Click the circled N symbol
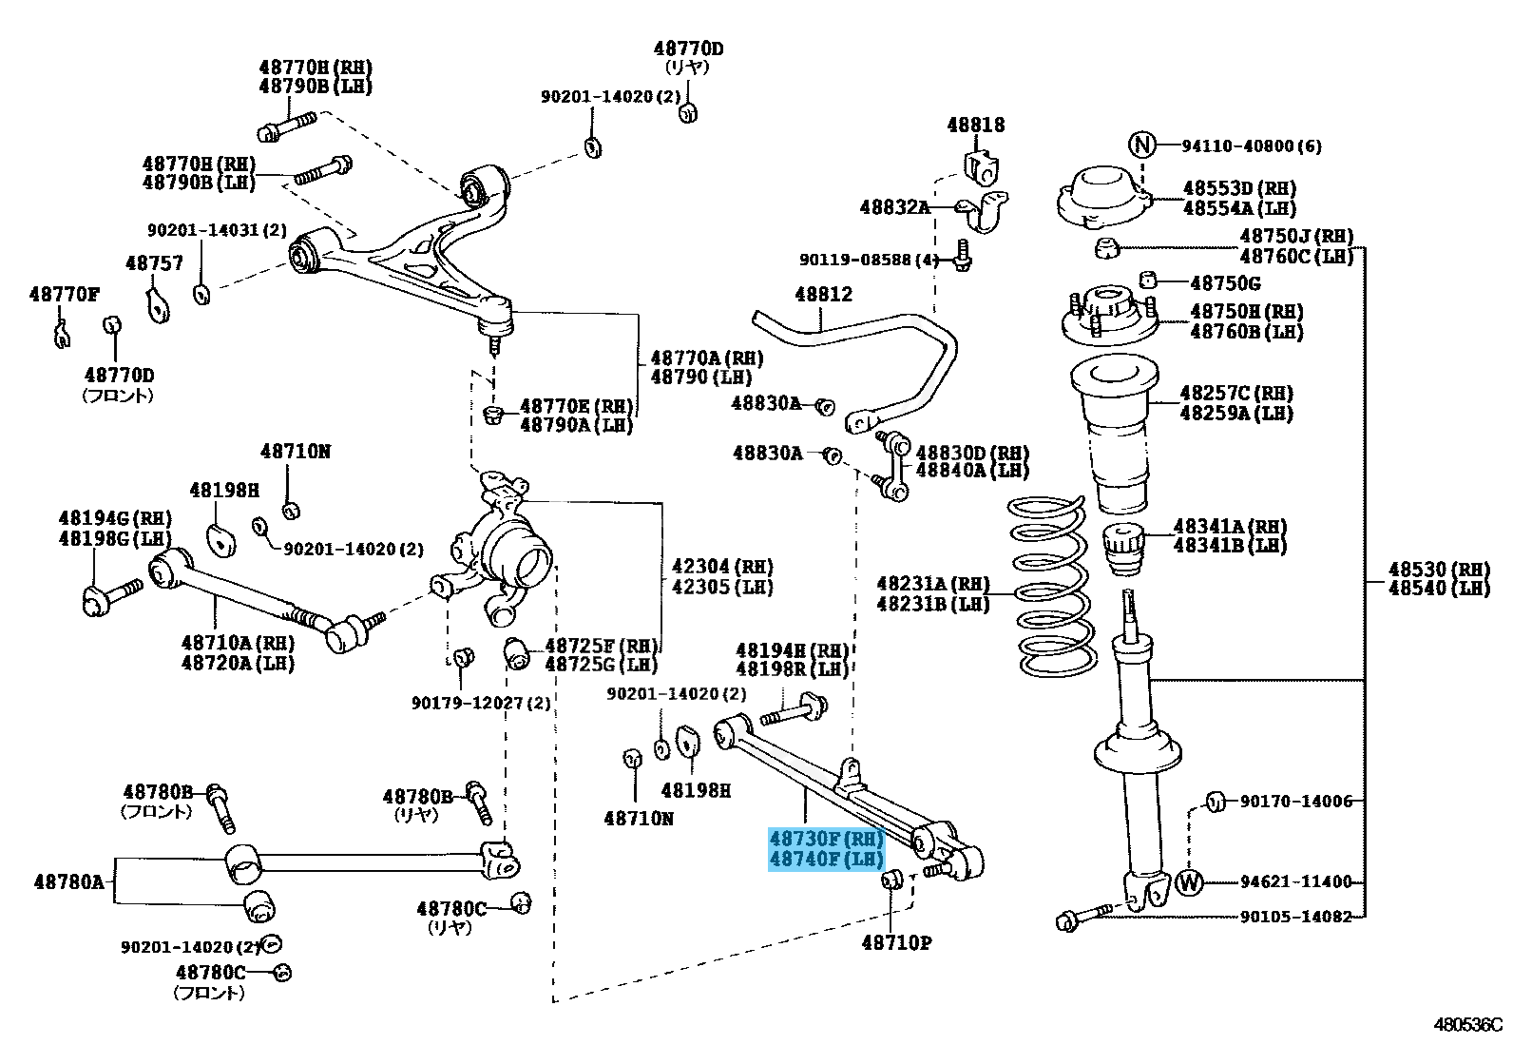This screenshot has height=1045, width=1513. (x=1141, y=145)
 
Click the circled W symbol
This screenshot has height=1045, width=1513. (x=1190, y=881)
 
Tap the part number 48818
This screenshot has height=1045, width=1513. (x=975, y=126)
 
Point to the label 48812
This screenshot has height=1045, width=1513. (x=823, y=294)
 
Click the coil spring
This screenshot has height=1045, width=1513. (x=1050, y=587)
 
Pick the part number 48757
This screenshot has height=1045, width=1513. (x=154, y=263)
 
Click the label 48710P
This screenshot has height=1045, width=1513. (x=896, y=942)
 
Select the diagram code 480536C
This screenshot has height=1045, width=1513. (x=1467, y=1025)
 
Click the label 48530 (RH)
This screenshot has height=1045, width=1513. (x=1440, y=570)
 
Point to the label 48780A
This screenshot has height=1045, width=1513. (x=68, y=881)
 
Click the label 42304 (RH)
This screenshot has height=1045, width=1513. (x=722, y=567)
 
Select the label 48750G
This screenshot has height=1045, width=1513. (x=1225, y=282)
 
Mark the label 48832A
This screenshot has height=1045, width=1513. (x=894, y=207)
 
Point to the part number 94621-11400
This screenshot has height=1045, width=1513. (x=1295, y=881)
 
